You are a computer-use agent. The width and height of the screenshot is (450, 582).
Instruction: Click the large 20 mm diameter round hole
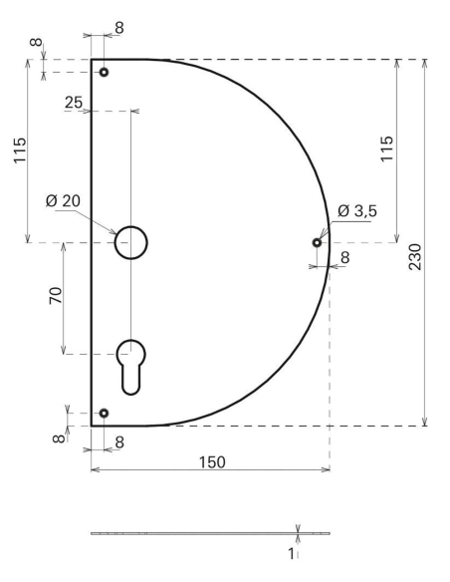130,242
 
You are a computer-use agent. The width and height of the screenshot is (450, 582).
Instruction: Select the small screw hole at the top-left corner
104,72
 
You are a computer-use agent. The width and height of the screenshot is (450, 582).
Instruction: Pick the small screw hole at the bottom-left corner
104,413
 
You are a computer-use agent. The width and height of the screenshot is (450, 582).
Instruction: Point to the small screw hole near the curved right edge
317,242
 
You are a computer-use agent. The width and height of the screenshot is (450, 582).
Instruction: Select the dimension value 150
210,462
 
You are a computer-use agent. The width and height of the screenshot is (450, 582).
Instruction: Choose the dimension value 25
73,102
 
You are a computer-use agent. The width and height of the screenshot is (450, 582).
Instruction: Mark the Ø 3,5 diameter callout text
356,210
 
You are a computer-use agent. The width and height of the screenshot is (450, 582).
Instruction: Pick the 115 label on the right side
387,150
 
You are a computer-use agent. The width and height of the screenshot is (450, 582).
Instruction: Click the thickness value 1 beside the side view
291,553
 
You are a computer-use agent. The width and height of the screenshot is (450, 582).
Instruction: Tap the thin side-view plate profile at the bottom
189,533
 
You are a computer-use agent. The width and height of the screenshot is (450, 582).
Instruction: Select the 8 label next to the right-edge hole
345,257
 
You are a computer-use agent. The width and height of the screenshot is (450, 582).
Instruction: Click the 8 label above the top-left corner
119,29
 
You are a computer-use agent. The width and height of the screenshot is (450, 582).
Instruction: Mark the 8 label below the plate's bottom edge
120,441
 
